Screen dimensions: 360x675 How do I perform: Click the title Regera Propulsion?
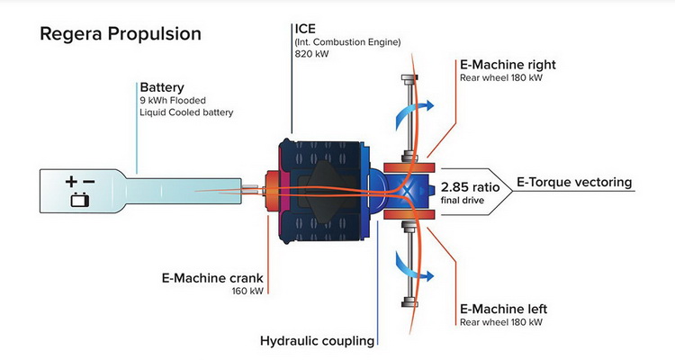(120, 34)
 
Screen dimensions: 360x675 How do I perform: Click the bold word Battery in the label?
(162, 87)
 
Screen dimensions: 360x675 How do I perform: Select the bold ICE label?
(307, 27)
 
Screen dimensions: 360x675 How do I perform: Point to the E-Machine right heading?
(508, 64)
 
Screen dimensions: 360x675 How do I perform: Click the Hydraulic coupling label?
(316, 340)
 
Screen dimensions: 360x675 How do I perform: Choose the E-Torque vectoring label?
(574, 183)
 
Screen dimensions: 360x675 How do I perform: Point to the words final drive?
(463, 200)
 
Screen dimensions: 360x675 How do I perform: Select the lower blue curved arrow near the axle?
(414, 261)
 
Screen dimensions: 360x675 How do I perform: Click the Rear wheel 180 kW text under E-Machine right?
(501, 77)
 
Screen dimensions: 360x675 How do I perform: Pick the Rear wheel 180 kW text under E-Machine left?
(501, 321)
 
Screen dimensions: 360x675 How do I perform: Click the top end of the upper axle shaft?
(410, 80)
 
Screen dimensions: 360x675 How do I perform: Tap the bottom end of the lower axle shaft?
(410, 300)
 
